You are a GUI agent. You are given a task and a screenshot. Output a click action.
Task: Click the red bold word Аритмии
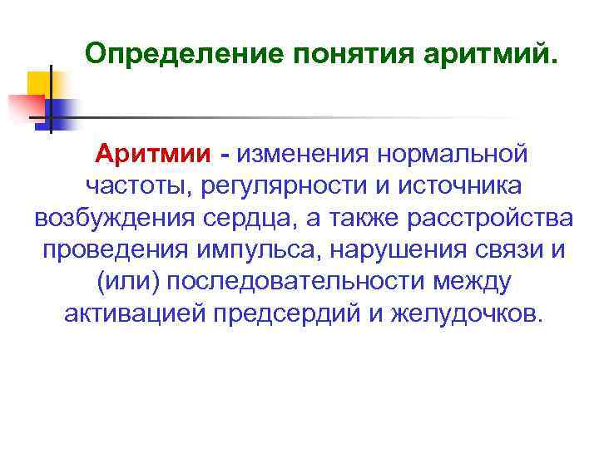pos(164,154)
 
